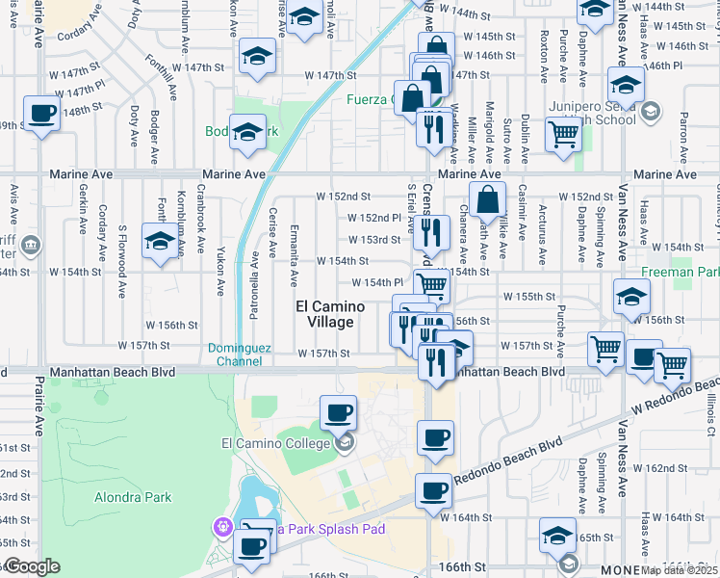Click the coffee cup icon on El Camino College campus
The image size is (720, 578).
338,412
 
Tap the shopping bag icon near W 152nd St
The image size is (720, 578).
489,200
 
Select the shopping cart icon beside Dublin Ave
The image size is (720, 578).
562,134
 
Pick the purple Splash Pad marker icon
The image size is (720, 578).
223,528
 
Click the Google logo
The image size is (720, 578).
32,566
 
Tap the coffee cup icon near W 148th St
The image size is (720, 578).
42,113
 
